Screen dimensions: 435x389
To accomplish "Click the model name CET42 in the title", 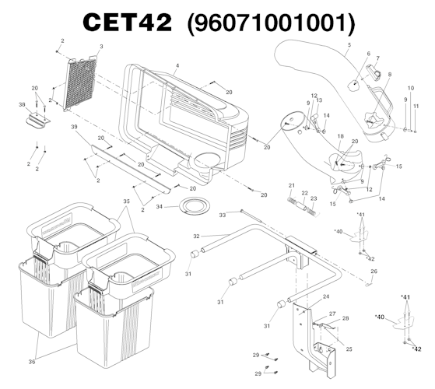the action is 128,23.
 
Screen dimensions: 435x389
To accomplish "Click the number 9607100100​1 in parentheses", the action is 271,23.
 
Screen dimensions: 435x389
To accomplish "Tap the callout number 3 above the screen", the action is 101,47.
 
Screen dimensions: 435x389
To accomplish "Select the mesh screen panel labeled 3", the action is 80,83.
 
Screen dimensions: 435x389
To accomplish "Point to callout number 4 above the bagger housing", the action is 177,66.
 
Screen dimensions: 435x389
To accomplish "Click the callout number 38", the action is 22,104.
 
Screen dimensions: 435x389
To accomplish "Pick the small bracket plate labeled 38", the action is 38,121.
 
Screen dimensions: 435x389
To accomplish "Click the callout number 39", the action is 74,127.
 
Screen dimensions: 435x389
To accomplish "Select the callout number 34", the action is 159,207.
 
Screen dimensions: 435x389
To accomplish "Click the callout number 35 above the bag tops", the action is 126,202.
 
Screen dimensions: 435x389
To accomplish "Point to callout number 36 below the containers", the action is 32,362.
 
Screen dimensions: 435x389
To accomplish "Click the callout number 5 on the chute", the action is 349,44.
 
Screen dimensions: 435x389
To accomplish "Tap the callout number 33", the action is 223,216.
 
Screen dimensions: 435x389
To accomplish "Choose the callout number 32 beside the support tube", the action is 196,237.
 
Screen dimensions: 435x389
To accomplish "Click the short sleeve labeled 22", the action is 302,206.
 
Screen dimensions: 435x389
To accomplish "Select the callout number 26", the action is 374,272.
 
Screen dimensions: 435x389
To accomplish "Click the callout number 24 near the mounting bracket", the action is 326,296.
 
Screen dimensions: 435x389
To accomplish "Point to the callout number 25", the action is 349,349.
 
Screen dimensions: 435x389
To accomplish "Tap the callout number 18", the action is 340,136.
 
